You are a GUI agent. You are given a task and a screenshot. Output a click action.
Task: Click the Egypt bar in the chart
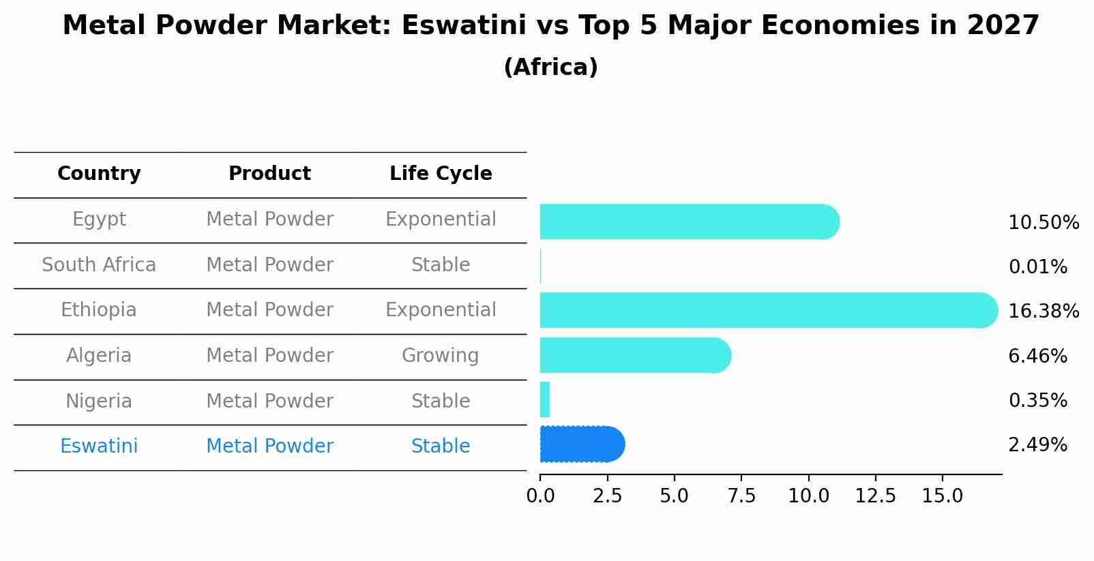(689, 222)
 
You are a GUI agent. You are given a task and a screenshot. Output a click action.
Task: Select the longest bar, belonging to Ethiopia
(768, 310)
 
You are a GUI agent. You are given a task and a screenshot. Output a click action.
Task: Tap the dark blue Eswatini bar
(582, 444)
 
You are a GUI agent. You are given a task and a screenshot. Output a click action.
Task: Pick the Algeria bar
(635, 355)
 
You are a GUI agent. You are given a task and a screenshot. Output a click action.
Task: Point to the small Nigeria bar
(545, 399)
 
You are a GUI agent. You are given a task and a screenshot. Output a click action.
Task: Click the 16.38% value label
(1043, 312)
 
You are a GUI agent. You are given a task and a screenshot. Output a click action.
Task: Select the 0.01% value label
(1037, 267)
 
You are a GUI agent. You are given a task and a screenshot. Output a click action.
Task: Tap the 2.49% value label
(1037, 445)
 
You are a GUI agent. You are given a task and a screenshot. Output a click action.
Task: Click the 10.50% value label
(1043, 223)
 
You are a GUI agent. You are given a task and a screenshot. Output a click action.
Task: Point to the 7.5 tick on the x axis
(741, 496)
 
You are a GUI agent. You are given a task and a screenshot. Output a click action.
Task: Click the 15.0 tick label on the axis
(943, 496)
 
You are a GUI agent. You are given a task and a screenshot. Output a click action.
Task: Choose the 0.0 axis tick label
(540, 496)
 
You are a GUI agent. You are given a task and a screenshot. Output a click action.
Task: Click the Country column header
(99, 174)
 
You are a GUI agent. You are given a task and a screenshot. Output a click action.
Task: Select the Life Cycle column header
(441, 174)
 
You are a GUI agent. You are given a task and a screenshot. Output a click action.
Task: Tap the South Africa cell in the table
(99, 265)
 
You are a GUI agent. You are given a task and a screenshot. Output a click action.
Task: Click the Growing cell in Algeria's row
(441, 356)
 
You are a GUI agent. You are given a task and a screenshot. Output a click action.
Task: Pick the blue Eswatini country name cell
(99, 446)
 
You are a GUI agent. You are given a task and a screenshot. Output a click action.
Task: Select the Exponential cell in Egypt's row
(441, 219)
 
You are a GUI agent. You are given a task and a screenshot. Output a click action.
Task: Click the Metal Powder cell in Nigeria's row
(269, 401)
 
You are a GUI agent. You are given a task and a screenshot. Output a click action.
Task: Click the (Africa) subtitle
(550, 67)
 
